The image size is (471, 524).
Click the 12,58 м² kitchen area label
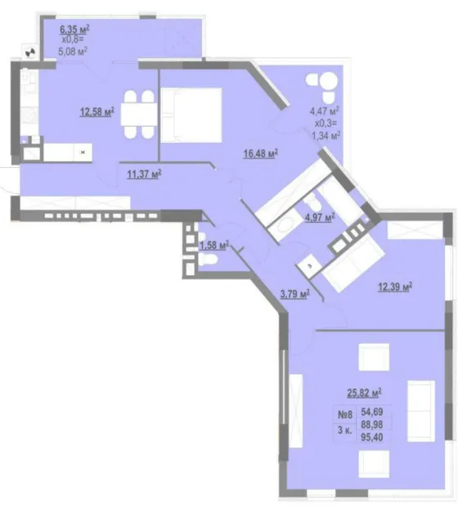click(x=96, y=111)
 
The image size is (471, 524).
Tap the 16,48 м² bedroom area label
click(x=261, y=154)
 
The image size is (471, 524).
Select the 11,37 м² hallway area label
click(x=144, y=174)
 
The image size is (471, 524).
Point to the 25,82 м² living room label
click(x=364, y=393)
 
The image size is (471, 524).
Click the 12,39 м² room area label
click(x=395, y=287)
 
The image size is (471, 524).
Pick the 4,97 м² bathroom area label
click(x=320, y=218)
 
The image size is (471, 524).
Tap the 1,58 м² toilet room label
click(x=213, y=246)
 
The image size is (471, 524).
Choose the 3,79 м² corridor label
click(x=294, y=294)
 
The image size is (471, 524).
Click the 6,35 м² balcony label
click(x=74, y=29)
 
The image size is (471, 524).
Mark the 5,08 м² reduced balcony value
click(x=73, y=52)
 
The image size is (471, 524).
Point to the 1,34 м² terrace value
click(x=325, y=135)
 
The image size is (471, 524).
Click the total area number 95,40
click(x=372, y=436)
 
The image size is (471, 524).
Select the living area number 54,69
click(x=372, y=411)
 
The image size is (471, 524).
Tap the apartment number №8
click(x=345, y=415)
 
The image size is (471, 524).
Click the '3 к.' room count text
click(x=345, y=430)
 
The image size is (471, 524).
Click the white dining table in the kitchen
click(x=139, y=114)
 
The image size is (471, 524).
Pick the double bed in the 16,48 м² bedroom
click(x=191, y=115)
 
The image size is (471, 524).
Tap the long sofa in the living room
click(x=421, y=411)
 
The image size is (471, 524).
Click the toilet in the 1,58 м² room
click(x=208, y=259)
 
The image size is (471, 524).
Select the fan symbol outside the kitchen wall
click(x=30, y=52)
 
